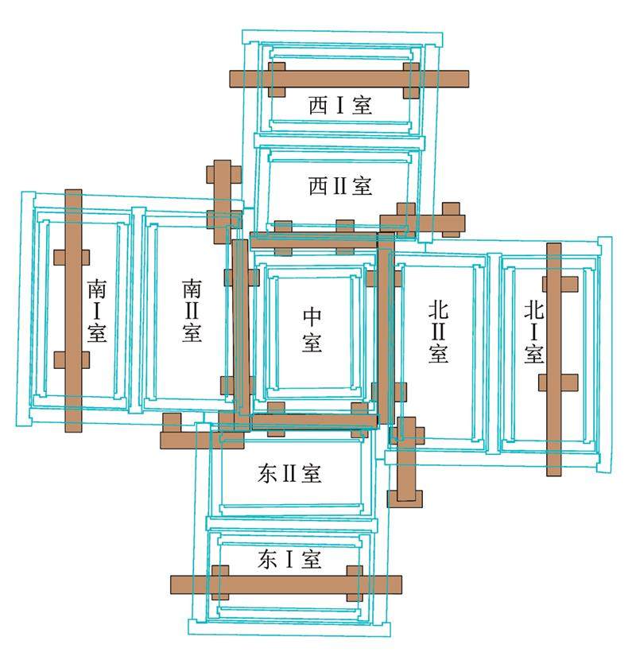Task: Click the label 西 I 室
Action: (x=340, y=106)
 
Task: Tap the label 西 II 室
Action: (x=340, y=187)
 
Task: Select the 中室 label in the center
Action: (x=312, y=331)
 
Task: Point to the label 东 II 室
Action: (x=290, y=475)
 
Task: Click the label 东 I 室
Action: (x=290, y=560)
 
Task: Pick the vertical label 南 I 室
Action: (x=97, y=310)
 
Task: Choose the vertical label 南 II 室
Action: (x=192, y=310)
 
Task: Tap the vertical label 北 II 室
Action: (x=438, y=331)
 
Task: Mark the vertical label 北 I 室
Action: (x=533, y=331)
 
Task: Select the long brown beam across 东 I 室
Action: (x=286, y=585)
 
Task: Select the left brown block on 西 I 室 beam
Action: (x=277, y=80)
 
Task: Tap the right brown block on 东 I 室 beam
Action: (x=355, y=584)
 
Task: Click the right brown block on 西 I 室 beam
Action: (x=411, y=80)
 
